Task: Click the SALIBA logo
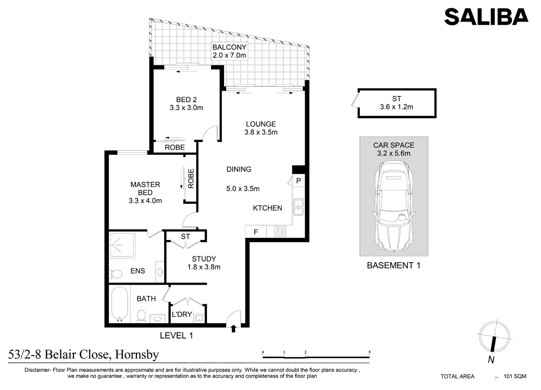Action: coord(486,17)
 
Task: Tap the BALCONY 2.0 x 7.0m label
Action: coord(229,51)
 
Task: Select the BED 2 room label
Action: coord(186,100)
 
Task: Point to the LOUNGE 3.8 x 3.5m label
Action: coord(261,128)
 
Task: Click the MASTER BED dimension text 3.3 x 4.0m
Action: coord(145,201)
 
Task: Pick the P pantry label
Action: coord(299,180)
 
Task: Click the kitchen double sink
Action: coord(299,207)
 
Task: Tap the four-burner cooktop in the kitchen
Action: coord(280,231)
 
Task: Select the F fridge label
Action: coord(256,232)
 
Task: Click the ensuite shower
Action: coord(122,245)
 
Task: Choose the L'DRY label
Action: coord(182,314)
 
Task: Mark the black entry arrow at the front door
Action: coord(233,329)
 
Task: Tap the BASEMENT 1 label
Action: coord(394,266)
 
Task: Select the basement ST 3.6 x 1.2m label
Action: coord(397,103)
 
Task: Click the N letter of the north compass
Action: coord(491,367)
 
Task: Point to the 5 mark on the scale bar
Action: coord(370,352)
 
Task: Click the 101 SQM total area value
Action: coord(515,376)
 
